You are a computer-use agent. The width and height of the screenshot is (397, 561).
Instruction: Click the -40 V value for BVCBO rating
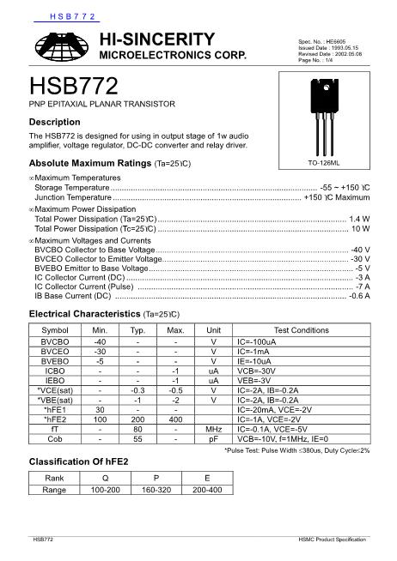tap(360, 249)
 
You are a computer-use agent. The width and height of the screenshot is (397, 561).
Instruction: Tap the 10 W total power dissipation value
tap(361, 229)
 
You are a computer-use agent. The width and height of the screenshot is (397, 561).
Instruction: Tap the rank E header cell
tap(206, 479)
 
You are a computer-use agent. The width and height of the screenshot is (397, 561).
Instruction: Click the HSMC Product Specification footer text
tap(332, 538)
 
